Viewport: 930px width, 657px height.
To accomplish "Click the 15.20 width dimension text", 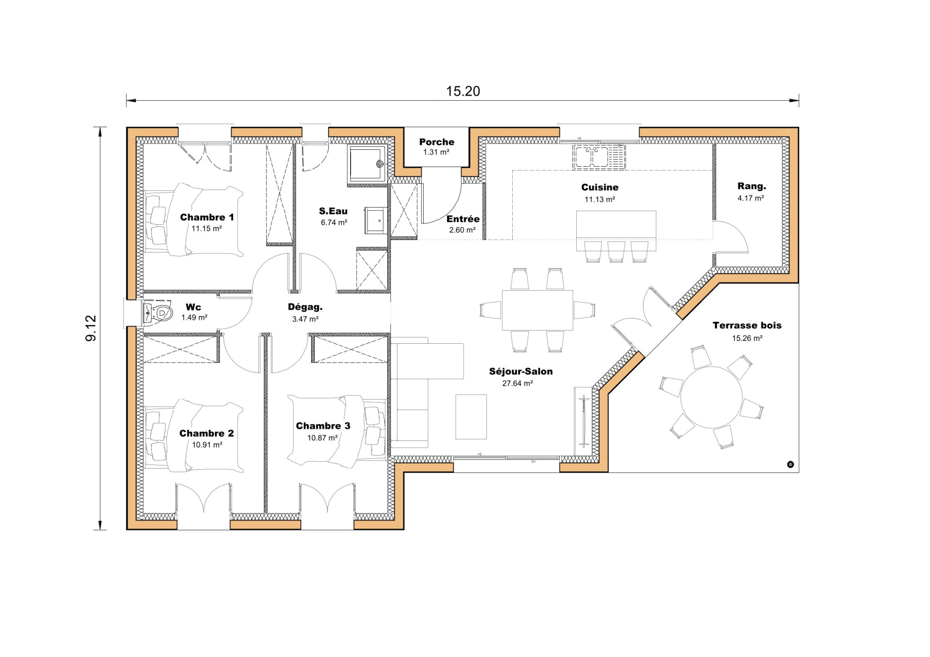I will tap(463, 91).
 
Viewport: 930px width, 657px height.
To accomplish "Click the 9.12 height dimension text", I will tap(91, 328).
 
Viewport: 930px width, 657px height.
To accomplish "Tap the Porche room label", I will tap(436, 142).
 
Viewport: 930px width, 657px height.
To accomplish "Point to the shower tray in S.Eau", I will tap(366, 164).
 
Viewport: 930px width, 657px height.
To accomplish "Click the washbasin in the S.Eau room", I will tap(376, 221).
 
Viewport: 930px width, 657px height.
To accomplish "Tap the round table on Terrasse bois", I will tap(711, 397).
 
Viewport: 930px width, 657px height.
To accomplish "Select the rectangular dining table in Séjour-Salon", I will tap(537, 310).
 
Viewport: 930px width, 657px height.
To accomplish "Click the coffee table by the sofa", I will tap(471, 417).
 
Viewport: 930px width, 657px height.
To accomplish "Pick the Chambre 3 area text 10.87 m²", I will tap(322, 438).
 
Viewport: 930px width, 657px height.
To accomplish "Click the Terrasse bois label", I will tap(747, 326).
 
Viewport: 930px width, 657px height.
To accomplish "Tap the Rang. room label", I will tap(752, 186).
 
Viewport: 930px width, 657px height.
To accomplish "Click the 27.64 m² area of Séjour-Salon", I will tap(517, 384).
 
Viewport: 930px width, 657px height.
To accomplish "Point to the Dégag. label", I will tap(305, 307).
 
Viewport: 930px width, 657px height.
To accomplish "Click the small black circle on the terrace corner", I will tap(790, 464).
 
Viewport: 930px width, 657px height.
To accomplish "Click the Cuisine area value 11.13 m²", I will tap(599, 200).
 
